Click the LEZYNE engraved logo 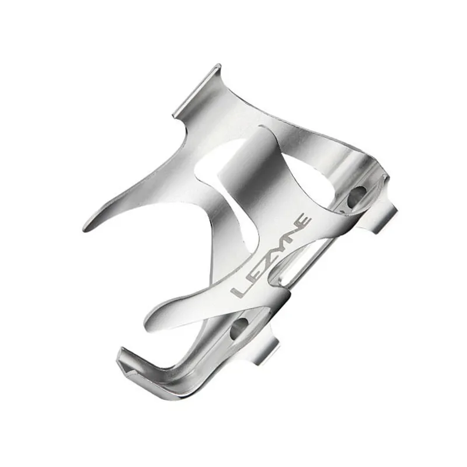(272, 257)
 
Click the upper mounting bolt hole (356, 196)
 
